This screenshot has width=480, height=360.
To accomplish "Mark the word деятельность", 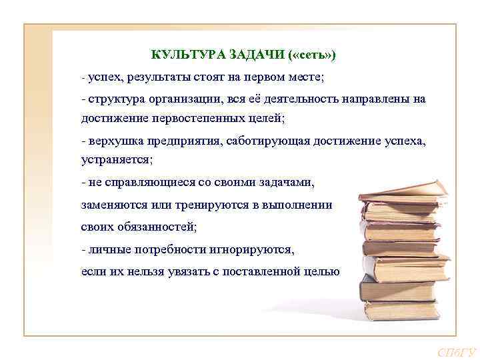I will pos(303,99).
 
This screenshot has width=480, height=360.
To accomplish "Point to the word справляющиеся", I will pos(154,182).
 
